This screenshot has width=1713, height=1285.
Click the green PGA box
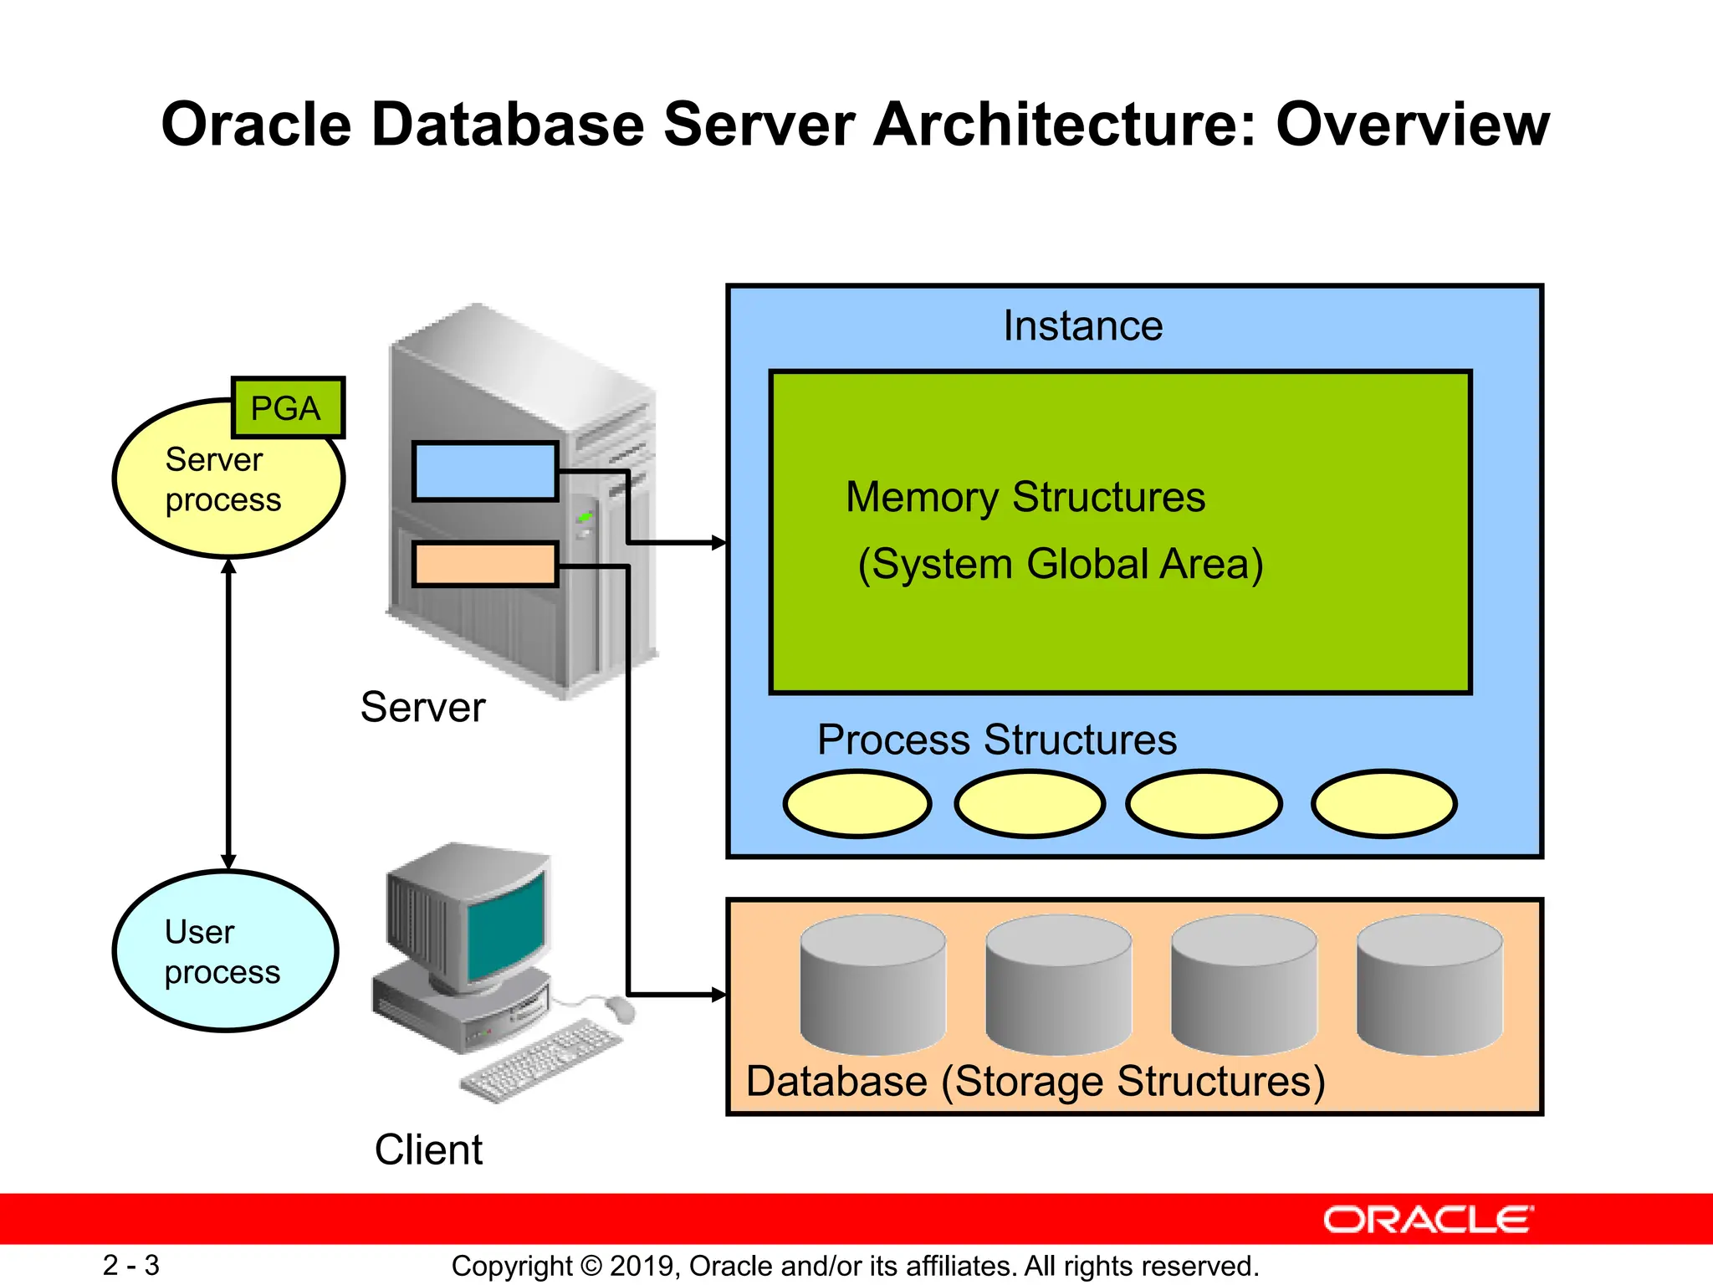287,408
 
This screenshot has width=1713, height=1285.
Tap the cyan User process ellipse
224,952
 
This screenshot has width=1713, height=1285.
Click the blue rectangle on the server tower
485,472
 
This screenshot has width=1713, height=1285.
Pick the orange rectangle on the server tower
485,565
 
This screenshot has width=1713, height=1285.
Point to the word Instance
1082,326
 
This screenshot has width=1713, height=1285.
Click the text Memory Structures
1025,497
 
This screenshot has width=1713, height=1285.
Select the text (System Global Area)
1061,564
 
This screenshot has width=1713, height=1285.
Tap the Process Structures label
997,740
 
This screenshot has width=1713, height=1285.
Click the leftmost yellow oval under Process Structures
857,804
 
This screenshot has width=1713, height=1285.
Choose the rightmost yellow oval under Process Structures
1384,804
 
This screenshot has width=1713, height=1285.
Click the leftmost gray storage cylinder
872,986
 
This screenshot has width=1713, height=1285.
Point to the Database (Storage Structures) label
1035,1082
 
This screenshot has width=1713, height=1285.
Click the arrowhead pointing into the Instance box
718,543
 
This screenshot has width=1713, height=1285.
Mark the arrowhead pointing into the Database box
718,995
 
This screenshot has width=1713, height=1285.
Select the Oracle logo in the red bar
1428,1220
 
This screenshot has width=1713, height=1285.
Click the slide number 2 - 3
131,1265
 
